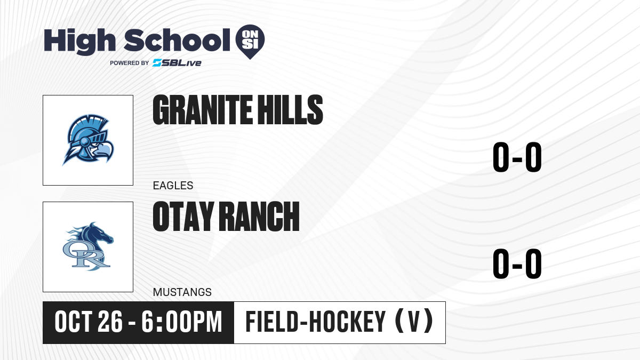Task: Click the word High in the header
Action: pos(79,41)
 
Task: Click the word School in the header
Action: pos(177,41)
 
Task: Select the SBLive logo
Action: pos(177,63)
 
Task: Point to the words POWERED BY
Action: pos(130,63)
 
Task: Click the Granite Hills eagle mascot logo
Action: pos(88,140)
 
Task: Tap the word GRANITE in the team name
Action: pos(203,110)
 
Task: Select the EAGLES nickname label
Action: pos(173,186)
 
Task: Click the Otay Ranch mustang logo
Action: pos(88,246)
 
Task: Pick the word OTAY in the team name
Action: pos(183,217)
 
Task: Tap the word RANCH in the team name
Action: pos(259,217)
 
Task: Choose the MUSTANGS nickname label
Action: pos(182,292)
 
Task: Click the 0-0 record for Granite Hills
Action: pos(517,157)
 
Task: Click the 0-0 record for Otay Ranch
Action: pos(517,263)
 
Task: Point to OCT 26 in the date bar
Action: pos(89,322)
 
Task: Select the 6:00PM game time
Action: pos(182,322)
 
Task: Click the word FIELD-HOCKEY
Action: pos(316,322)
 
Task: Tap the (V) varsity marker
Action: pos(414,322)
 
